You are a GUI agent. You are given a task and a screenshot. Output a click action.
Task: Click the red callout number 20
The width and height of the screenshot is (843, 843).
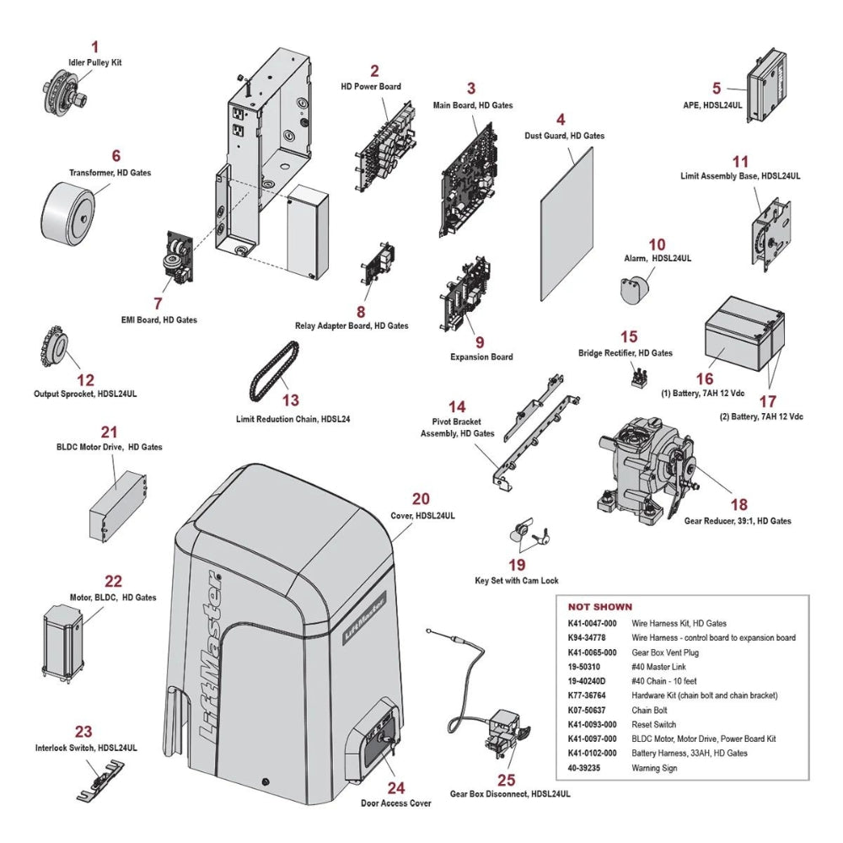click(x=421, y=499)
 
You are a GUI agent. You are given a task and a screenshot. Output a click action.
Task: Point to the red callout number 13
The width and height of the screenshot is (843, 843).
click(x=290, y=400)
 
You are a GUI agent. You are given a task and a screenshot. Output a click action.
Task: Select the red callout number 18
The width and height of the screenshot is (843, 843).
click(x=738, y=504)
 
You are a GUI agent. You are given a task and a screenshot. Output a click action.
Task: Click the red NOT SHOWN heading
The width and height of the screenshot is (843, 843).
click(x=599, y=607)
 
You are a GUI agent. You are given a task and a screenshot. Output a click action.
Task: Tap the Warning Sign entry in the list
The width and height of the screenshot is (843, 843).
click(x=654, y=768)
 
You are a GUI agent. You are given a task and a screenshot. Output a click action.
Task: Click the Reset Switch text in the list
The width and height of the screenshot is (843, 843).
click(x=654, y=724)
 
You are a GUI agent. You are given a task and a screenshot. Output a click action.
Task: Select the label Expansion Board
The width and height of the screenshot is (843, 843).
click(x=481, y=357)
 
